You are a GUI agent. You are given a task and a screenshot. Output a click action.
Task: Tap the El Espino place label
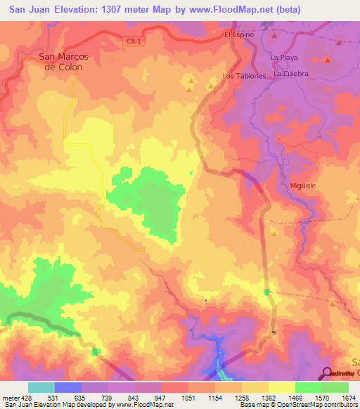238,34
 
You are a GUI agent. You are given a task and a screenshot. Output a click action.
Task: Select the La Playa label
285,57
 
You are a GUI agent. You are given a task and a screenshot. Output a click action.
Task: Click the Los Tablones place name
244,76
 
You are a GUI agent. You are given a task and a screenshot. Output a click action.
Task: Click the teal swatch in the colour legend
41,387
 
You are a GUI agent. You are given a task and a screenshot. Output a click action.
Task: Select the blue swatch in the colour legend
68,387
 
